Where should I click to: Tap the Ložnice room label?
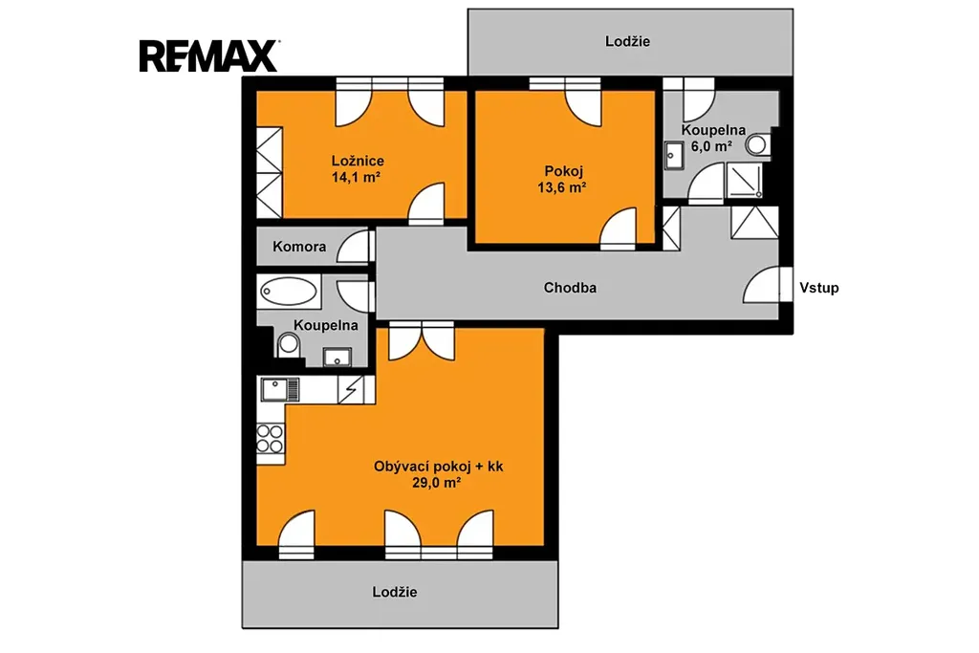358,161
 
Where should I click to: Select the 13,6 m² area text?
562,187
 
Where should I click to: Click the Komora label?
299,247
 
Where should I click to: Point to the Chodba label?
570,288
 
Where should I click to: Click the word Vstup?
818,288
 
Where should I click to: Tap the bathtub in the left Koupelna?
289,292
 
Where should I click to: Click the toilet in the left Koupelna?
288,344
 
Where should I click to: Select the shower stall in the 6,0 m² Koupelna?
744,181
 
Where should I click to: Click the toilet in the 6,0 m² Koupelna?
758,144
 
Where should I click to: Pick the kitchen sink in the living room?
280,389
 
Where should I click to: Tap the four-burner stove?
271,438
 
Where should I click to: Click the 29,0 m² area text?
436,482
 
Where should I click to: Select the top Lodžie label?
627,41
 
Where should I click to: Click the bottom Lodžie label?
395,592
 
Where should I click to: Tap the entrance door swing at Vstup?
761,285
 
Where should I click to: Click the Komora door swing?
353,247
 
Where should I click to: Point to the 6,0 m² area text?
711,146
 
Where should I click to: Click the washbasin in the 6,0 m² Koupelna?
674,156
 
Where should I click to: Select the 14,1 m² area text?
356,177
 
